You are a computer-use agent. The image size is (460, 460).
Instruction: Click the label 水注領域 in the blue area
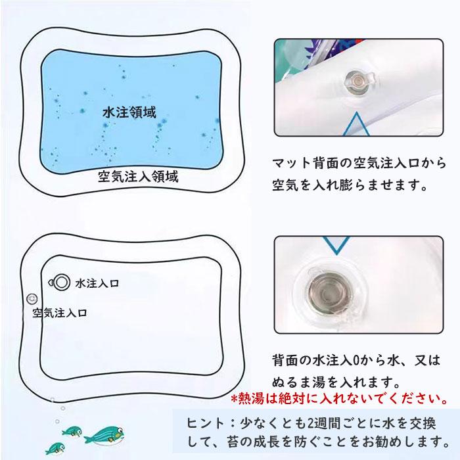[129, 112]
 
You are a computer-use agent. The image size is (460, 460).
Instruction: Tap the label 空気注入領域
[138, 177]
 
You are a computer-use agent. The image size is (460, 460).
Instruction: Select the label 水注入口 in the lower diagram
[97, 283]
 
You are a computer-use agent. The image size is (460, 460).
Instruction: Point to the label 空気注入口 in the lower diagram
[60, 313]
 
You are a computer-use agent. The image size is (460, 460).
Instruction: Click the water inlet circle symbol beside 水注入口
[60, 283]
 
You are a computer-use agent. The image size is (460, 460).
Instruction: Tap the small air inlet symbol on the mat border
[32, 299]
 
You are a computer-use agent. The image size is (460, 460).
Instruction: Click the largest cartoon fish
[104, 435]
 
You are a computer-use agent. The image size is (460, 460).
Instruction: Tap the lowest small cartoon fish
[55, 448]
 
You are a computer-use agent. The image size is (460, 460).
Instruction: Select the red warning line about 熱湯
[340, 398]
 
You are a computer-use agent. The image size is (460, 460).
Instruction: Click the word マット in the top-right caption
[291, 163]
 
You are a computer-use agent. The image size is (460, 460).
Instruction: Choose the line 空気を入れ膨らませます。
[349, 185]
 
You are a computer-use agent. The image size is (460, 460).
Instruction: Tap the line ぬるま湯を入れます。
[336, 382]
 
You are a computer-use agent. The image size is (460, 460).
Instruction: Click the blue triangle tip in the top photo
[356, 113]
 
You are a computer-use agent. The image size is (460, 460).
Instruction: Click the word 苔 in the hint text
[233, 442]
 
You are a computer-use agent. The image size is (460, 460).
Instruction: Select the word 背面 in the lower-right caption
[285, 361]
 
